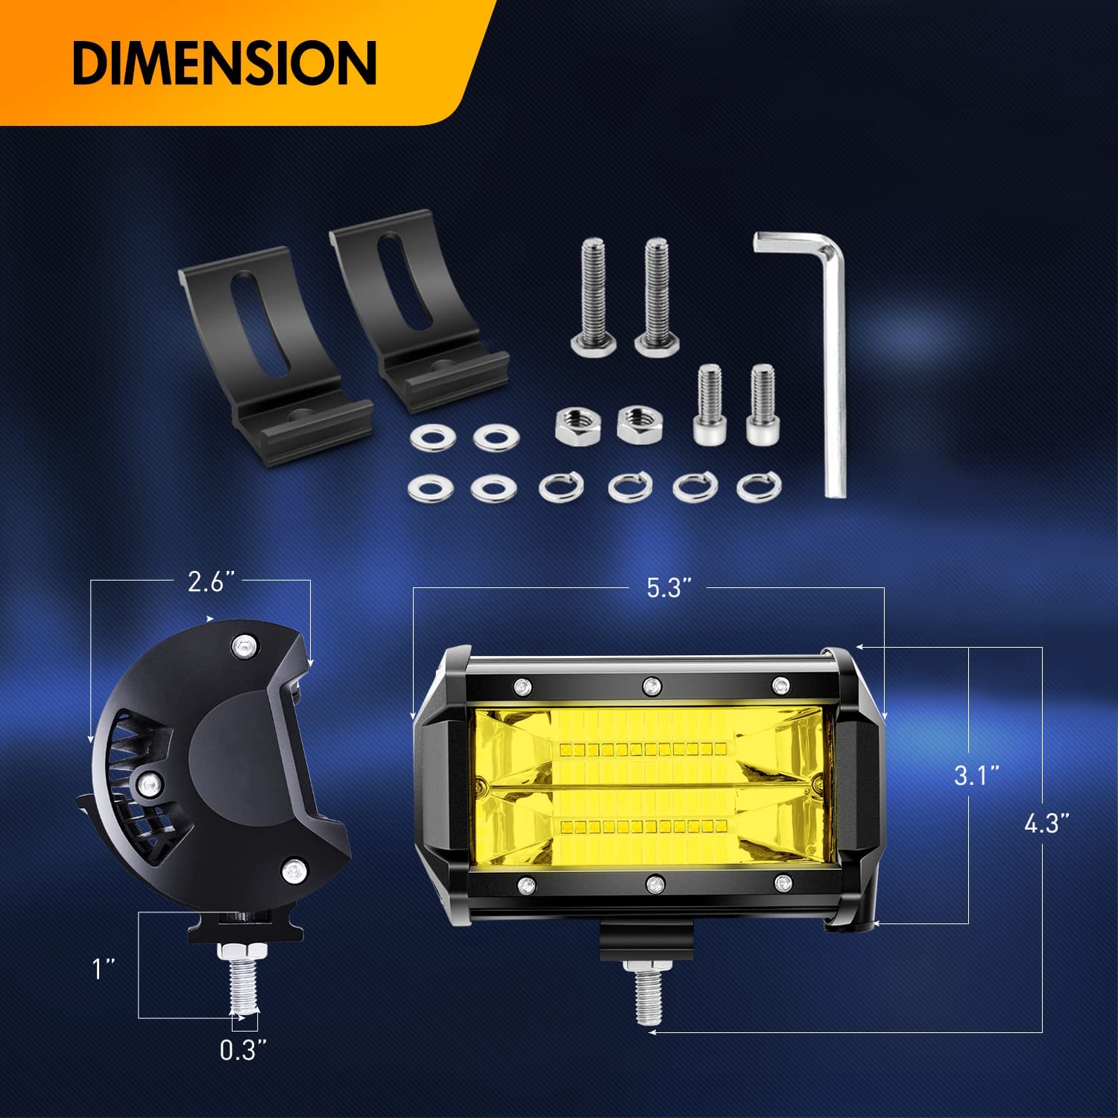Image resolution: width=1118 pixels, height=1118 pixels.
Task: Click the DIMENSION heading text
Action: [224, 63]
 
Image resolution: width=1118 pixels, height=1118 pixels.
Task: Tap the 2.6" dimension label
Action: [206, 581]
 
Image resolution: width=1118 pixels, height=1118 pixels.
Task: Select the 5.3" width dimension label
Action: [664, 588]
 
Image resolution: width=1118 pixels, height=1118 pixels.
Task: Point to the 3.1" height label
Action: [976, 776]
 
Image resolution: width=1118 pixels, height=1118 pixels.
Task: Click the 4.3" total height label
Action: [1046, 824]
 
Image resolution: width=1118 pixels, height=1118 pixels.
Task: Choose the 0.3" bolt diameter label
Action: [243, 1050]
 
